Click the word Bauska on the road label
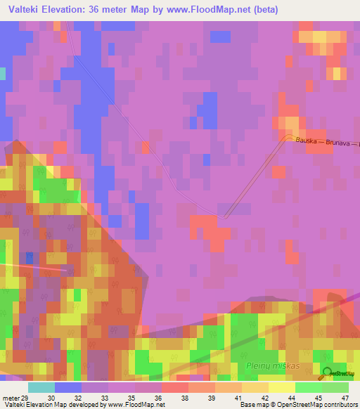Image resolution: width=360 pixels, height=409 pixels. (x=307, y=141)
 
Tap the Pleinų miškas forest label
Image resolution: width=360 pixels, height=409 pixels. (x=273, y=367)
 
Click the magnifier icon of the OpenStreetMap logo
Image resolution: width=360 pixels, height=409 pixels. (x=328, y=373)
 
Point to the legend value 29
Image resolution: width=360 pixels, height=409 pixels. (x=25, y=397)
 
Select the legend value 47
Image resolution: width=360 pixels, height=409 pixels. (x=345, y=397)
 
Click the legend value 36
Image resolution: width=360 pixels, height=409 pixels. (x=160, y=397)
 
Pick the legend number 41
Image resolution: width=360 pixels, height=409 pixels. (x=238, y=397)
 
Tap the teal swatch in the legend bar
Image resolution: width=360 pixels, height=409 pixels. (x=41, y=387)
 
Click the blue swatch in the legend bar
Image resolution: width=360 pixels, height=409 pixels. (x=68, y=387)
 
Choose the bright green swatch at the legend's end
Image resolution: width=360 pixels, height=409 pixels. (x=335, y=387)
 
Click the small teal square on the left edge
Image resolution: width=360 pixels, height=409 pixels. (x=2, y=73)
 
